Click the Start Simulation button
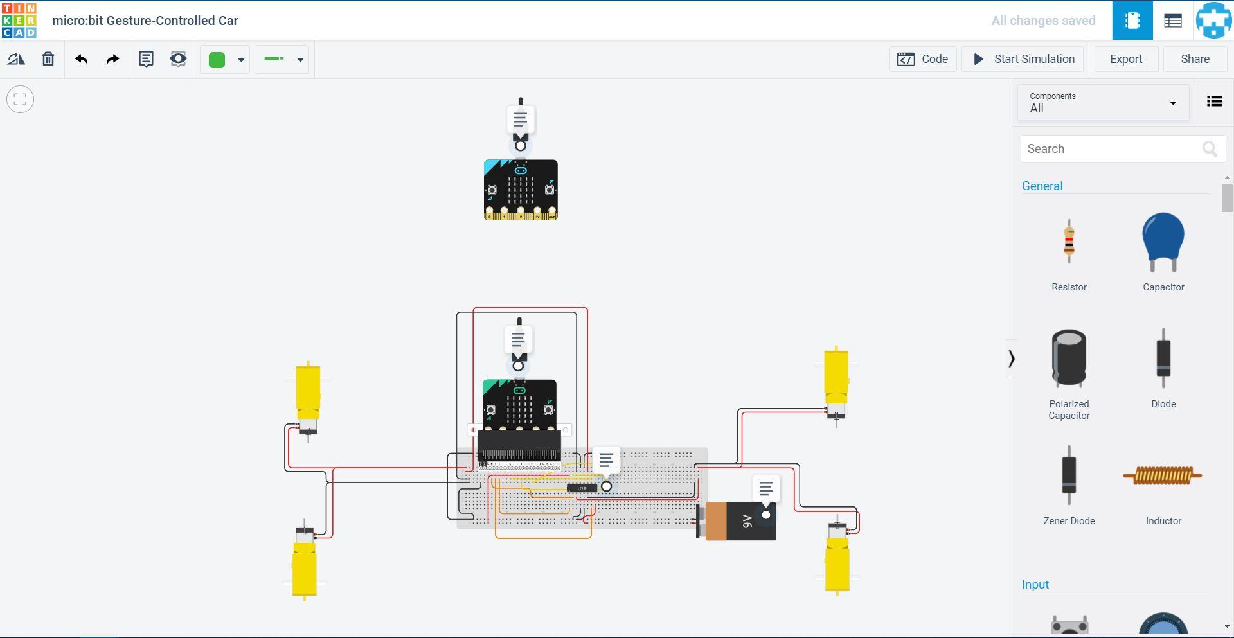(x=1023, y=59)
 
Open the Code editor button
(x=923, y=59)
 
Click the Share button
(x=1195, y=59)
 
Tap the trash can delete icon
(x=48, y=59)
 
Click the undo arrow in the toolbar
(x=81, y=59)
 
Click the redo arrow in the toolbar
(x=112, y=59)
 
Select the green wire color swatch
(x=217, y=60)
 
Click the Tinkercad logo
(x=19, y=21)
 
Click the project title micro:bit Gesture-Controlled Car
(x=145, y=21)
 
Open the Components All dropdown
(x=1103, y=103)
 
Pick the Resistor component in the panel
(x=1069, y=243)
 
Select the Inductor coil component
(x=1163, y=476)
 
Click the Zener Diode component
(x=1069, y=476)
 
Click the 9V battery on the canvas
(x=739, y=522)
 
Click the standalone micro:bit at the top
(x=521, y=190)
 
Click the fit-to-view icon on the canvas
(x=20, y=100)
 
